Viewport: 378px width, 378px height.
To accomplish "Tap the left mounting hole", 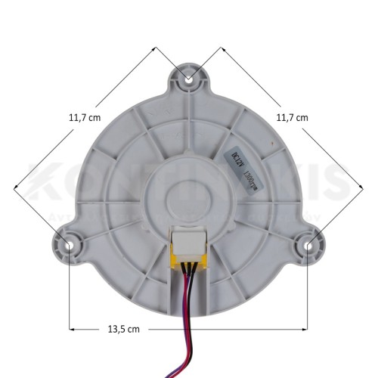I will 70,244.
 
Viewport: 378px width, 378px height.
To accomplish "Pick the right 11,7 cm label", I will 293,117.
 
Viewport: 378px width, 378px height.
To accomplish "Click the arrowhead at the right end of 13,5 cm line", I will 305,329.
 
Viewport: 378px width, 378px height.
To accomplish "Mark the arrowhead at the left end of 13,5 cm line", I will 72,329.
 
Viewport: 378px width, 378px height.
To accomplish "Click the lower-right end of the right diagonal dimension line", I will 362,185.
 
